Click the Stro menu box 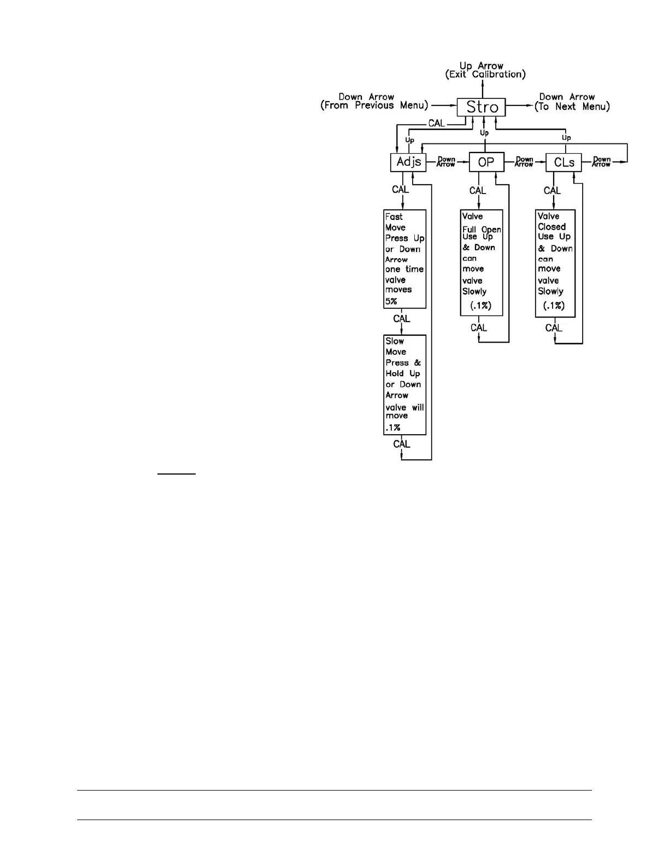482,107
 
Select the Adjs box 408,162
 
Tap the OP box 486,162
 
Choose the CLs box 564,162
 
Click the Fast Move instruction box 404,259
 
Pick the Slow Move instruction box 404,385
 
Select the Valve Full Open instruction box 482,263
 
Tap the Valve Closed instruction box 555,263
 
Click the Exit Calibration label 485,74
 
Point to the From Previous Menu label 374,106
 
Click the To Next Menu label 572,107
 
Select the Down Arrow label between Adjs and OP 446,162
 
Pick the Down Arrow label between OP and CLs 524,162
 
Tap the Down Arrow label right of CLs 601,162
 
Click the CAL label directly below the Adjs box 400,190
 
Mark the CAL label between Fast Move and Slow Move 402,318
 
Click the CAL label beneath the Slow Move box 402,444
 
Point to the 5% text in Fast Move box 391,301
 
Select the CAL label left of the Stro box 436,124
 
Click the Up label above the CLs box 566,138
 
